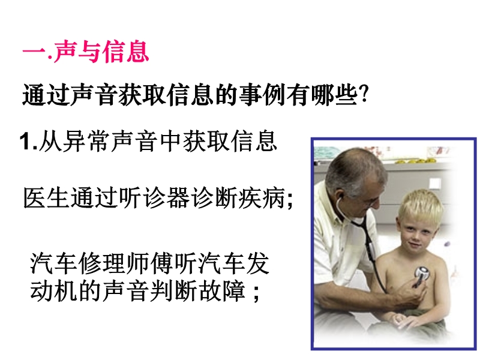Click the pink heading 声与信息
[101, 52]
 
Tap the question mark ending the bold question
[364, 94]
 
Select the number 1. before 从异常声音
[29, 141]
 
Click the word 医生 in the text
[46, 198]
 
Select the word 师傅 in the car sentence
[149, 263]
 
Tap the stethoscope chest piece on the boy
[422, 274]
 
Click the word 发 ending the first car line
[258, 263]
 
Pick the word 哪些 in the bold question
[334, 95]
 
